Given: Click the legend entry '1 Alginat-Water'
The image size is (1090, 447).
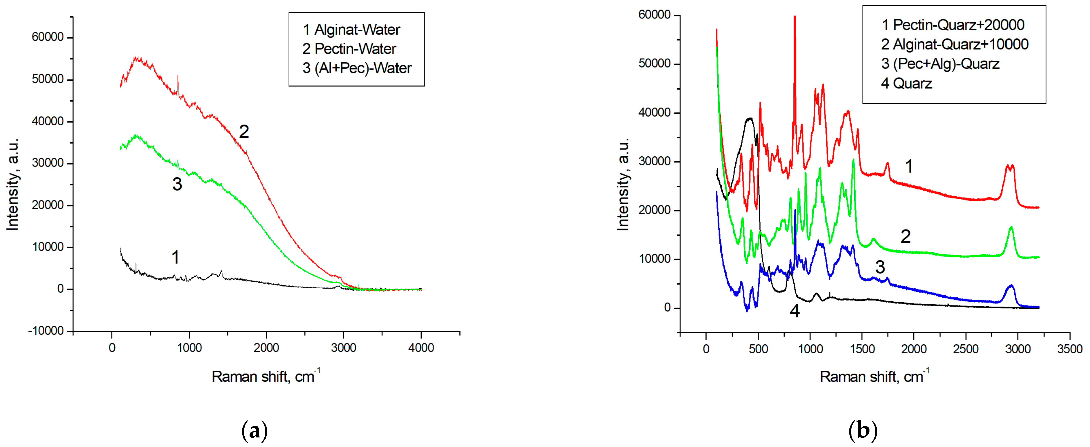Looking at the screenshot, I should [351, 30].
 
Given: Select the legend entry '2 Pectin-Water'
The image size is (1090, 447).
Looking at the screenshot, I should [349, 49].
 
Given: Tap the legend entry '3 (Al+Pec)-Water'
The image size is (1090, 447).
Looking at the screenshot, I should [357, 68].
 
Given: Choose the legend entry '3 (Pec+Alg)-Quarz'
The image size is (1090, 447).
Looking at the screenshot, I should [940, 64].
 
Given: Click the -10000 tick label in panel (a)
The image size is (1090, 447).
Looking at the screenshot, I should [46, 331].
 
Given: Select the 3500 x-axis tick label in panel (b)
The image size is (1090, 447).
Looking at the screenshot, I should [1069, 349].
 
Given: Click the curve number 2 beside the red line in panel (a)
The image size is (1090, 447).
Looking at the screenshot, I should [244, 132].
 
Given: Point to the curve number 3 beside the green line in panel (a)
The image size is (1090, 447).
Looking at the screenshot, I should [177, 184].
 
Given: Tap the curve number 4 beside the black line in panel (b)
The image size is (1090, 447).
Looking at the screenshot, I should [795, 311].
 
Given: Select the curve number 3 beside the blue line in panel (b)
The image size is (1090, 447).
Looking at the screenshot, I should [880, 267].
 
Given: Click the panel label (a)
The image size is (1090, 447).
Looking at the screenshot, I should [254, 431].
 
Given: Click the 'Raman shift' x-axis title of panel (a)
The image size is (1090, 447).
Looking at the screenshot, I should [266, 376].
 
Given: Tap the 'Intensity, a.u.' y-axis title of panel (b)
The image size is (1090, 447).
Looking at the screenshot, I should [622, 184].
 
